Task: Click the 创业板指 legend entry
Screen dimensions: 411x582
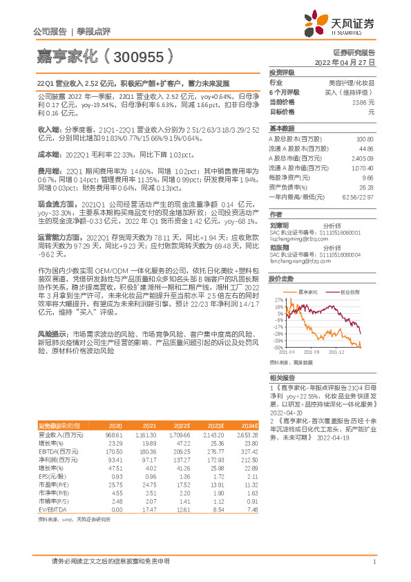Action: (346, 292)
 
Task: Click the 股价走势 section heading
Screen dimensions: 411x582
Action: (282, 279)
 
